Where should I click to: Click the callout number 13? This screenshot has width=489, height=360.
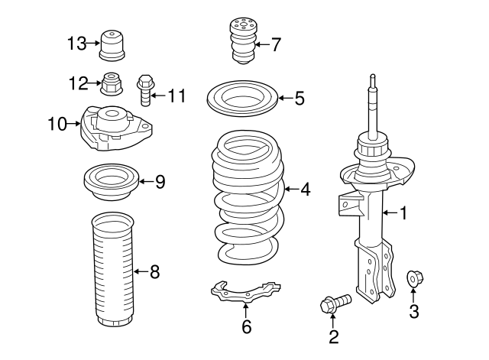(76, 44)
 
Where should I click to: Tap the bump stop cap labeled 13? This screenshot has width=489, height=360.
(112, 45)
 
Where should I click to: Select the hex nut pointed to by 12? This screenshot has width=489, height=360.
(112, 84)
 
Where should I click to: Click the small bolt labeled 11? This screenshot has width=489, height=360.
(144, 90)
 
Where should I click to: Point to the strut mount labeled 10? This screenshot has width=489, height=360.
(116, 128)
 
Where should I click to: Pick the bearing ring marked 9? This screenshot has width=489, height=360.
(112, 183)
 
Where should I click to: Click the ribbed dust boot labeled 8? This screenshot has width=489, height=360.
(113, 270)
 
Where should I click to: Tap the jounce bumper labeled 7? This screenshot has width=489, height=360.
(243, 41)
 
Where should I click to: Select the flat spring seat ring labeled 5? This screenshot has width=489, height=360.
(242, 99)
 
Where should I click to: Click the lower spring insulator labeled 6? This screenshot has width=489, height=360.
(245, 292)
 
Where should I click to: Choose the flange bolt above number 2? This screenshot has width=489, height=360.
(335, 303)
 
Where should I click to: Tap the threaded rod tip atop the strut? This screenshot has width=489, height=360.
(373, 78)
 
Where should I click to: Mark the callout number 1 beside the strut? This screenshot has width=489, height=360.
(404, 213)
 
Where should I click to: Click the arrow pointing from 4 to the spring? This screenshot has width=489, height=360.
(291, 189)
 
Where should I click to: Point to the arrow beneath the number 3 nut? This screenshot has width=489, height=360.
(413, 296)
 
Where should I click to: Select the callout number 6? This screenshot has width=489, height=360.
(246, 326)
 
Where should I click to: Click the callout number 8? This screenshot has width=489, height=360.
(154, 271)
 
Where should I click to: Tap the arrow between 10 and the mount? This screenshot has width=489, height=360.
(74, 124)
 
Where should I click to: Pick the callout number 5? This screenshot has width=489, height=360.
(300, 99)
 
